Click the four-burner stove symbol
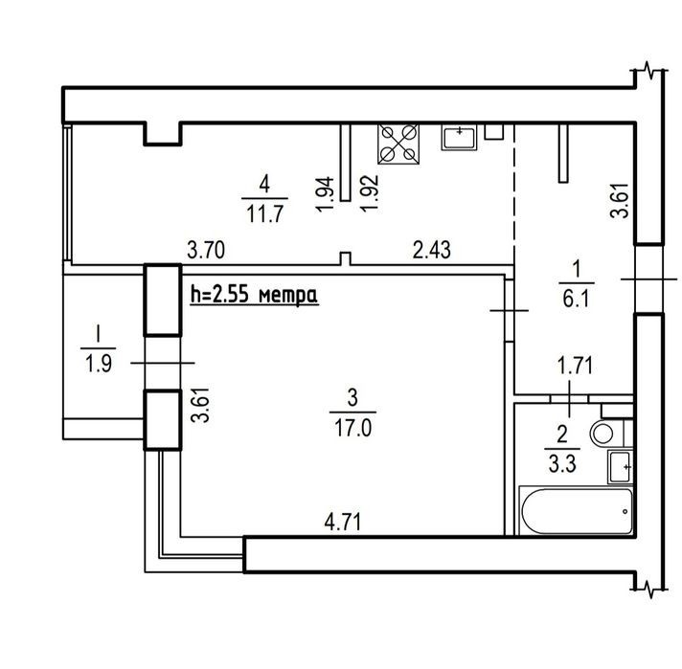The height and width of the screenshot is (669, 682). tap(398, 145)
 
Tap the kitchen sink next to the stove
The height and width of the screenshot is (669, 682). tap(460, 137)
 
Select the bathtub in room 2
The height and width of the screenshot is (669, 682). tap(577, 511)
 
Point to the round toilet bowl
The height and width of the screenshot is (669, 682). tap(603, 433)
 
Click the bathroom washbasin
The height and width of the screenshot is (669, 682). tap(620, 467)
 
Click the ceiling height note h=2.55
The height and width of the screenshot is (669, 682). tap(255, 295)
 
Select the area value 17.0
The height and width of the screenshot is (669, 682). tap(352, 428)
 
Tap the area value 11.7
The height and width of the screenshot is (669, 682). tap(265, 213)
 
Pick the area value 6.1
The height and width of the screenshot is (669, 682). tap(576, 299)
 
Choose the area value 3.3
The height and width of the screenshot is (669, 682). tap(562, 464)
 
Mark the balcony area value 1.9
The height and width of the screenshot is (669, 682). tap(99, 364)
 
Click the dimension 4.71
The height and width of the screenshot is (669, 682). tap(343, 522)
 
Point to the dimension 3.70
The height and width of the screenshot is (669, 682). tap(206, 251)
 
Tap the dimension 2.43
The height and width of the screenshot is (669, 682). tap(431, 250)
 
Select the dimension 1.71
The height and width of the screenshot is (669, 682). tap(575, 366)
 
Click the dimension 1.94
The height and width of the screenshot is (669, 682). tap(326, 194)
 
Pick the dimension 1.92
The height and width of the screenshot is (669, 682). tap(370, 193)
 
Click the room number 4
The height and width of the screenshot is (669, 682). tap(264, 185)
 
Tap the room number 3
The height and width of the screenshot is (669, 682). tap(352, 398)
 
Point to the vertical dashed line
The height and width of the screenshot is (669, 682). tap(514, 194)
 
